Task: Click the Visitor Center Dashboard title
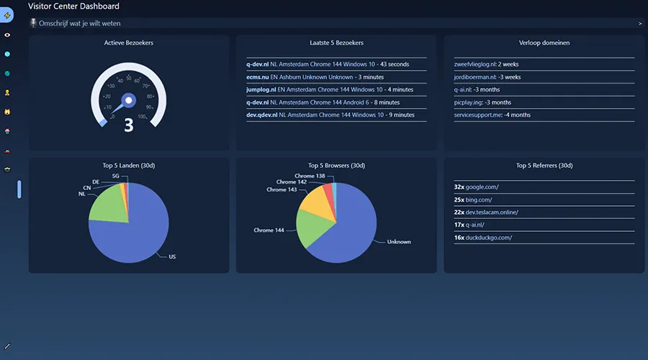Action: (73, 6)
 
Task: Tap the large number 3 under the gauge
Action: (129, 125)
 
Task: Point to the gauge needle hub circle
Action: (129, 100)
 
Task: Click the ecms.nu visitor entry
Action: (315, 77)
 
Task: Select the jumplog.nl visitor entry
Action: (330, 89)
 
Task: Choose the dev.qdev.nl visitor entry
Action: (330, 115)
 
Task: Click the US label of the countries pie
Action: (172, 256)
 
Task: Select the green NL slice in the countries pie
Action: (108, 205)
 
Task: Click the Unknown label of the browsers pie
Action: (399, 242)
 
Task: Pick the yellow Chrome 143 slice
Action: (319, 202)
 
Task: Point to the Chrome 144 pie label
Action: (269, 230)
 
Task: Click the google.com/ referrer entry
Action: (476, 186)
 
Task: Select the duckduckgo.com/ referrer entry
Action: (482, 238)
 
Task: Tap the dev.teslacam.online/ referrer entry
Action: (486, 212)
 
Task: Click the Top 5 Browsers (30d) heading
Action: (336, 166)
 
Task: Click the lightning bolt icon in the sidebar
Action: (7, 15)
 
